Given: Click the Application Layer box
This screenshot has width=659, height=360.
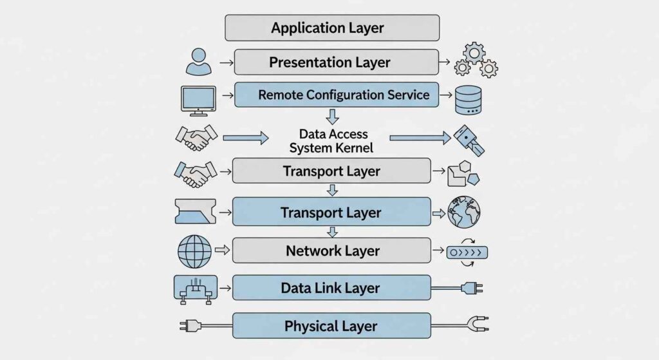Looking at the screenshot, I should [331, 28].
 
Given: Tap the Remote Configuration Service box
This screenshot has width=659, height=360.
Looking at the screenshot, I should [336, 95].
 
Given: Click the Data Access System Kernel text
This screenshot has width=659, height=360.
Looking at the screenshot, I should [333, 141].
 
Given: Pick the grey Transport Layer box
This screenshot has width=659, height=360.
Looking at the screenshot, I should [331, 171].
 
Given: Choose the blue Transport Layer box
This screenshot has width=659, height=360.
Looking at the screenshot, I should [331, 212].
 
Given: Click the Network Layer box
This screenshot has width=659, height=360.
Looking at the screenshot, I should [331, 251].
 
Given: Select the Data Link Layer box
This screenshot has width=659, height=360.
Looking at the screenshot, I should [331, 288].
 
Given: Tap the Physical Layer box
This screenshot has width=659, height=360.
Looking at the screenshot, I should [331, 326].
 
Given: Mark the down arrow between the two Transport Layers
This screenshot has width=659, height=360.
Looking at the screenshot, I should [332, 191].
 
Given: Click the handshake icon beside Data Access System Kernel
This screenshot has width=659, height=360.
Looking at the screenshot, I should [196, 137].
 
